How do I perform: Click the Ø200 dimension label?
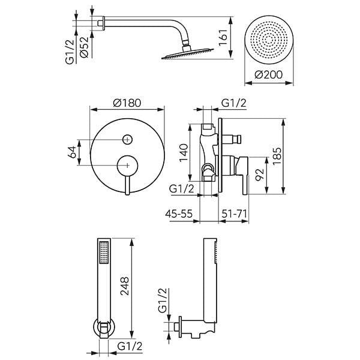[268, 75]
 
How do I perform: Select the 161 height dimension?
[223, 37]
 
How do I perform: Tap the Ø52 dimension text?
[84, 47]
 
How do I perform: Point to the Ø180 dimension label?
[127, 103]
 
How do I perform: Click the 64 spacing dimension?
[73, 152]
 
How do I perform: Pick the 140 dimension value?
[184, 152]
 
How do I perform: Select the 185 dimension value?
[277, 156]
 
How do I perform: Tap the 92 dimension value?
[260, 175]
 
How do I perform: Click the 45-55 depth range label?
[179, 214]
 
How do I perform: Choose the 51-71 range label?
[234, 214]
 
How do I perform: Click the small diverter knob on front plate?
[127, 139]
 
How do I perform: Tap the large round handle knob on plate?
[127, 166]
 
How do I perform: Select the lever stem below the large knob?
[127, 185]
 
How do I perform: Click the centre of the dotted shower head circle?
[269, 40]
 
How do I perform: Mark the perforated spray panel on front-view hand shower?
[104, 252]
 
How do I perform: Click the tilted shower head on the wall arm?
[187, 53]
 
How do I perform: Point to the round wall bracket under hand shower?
[104, 328]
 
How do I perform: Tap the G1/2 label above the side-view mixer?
[233, 103]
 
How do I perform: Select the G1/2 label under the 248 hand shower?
[130, 346]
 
